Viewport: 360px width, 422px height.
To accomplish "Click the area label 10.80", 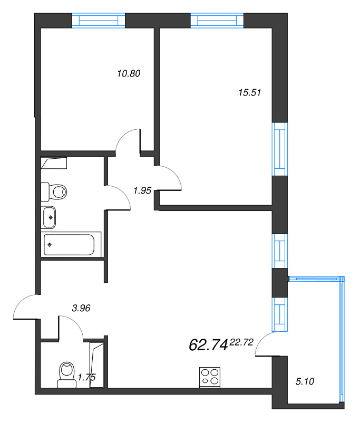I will [x=128, y=74].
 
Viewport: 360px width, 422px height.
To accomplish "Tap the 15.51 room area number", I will [x=250, y=92].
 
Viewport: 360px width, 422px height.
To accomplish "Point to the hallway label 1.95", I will [x=142, y=191].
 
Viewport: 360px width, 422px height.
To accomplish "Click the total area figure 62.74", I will [x=208, y=345].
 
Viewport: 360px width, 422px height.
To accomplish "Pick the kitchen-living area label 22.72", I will [x=242, y=342].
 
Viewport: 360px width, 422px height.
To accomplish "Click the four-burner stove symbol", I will [x=210, y=377].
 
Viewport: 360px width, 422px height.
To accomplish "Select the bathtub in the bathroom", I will [x=69, y=245].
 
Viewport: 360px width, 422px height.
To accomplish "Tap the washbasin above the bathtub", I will [x=49, y=216].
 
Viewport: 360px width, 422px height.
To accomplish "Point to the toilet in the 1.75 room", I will [x=67, y=374].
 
